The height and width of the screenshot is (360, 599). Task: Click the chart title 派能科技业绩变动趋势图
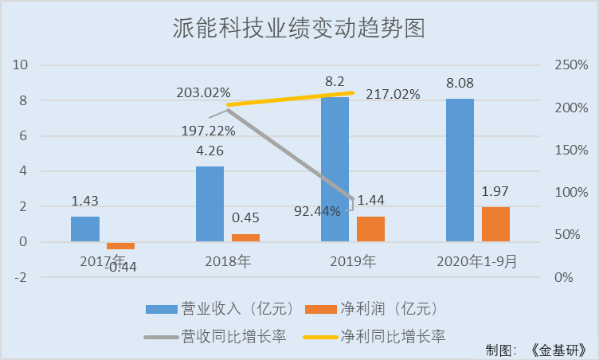pyautogui.click(x=299, y=29)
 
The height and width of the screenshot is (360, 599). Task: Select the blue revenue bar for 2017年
pyautogui.click(x=85, y=229)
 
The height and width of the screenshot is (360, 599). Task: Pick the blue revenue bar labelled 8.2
pyautogui.click(x=335, y=169)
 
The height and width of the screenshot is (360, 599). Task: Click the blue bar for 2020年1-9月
pyautogui.click(x=460, y=170)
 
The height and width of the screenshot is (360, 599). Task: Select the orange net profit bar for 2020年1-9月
pyautogui.click(x=495, y=224)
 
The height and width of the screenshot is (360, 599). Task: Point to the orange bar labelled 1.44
pyautogui.click(x=370, y=229)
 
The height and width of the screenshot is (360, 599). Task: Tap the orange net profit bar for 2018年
pyautogui.click(x=245, y=237)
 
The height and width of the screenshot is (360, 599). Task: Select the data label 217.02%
pyautogui.click(x=393, y=95)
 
